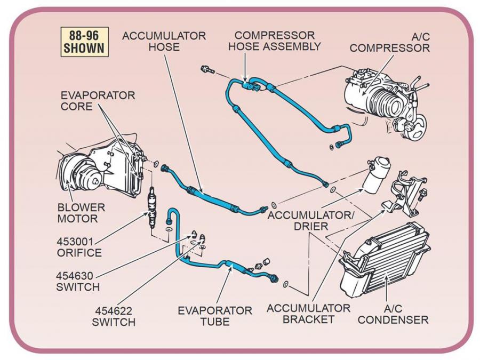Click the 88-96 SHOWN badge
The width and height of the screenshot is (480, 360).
click(84, 41)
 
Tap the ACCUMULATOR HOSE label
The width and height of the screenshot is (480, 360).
click(164, 41)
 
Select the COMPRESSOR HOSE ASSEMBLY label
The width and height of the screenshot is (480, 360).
click(274, 41)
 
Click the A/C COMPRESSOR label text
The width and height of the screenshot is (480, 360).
click(389, 42)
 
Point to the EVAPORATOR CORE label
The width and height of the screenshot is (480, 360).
click(98, 100)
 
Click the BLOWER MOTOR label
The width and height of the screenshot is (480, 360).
click(82, 213)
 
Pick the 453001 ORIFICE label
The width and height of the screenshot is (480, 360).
click(79, 246)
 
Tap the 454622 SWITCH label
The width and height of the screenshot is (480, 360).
click(114, 316)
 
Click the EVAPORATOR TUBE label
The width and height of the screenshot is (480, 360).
click(215, 316)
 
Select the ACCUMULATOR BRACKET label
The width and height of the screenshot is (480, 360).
click(308, 314)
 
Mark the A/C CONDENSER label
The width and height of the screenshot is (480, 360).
click(393, 314)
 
